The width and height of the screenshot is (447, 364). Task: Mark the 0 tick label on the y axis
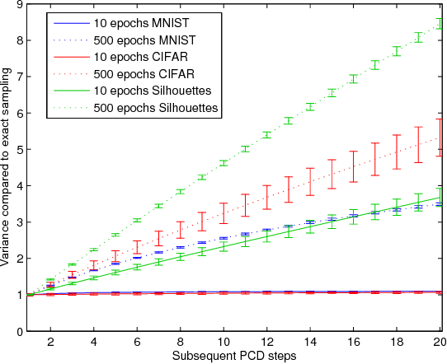(18, 331)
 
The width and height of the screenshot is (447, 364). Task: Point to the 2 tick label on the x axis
(51, 342)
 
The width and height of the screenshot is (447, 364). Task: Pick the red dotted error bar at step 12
(266, 197)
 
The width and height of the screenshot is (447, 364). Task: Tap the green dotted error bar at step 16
(353, 78)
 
